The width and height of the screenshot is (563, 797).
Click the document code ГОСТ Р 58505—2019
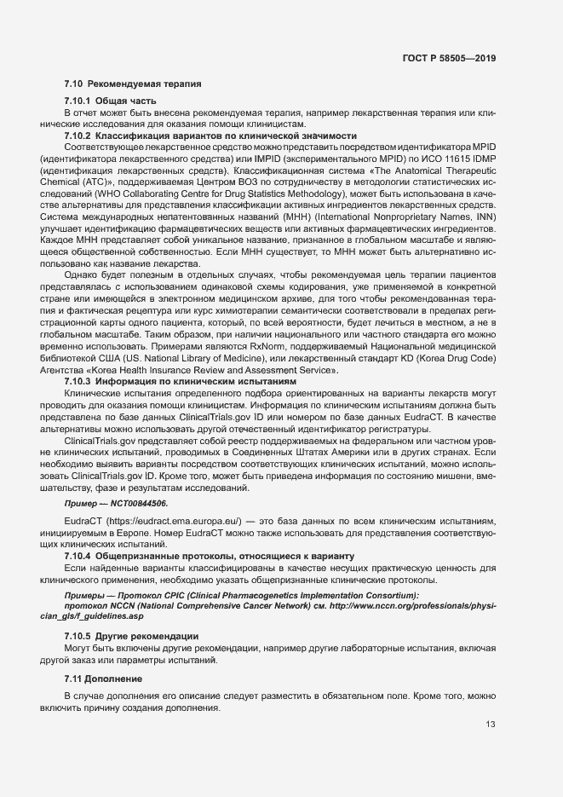click(x=449, y=59)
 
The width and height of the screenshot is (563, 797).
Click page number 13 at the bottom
click(x=491, y=725)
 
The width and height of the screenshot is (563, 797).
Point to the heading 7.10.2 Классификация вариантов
click(x=210, y=136)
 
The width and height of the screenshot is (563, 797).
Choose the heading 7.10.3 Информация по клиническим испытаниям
click(x=180, y=381)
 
